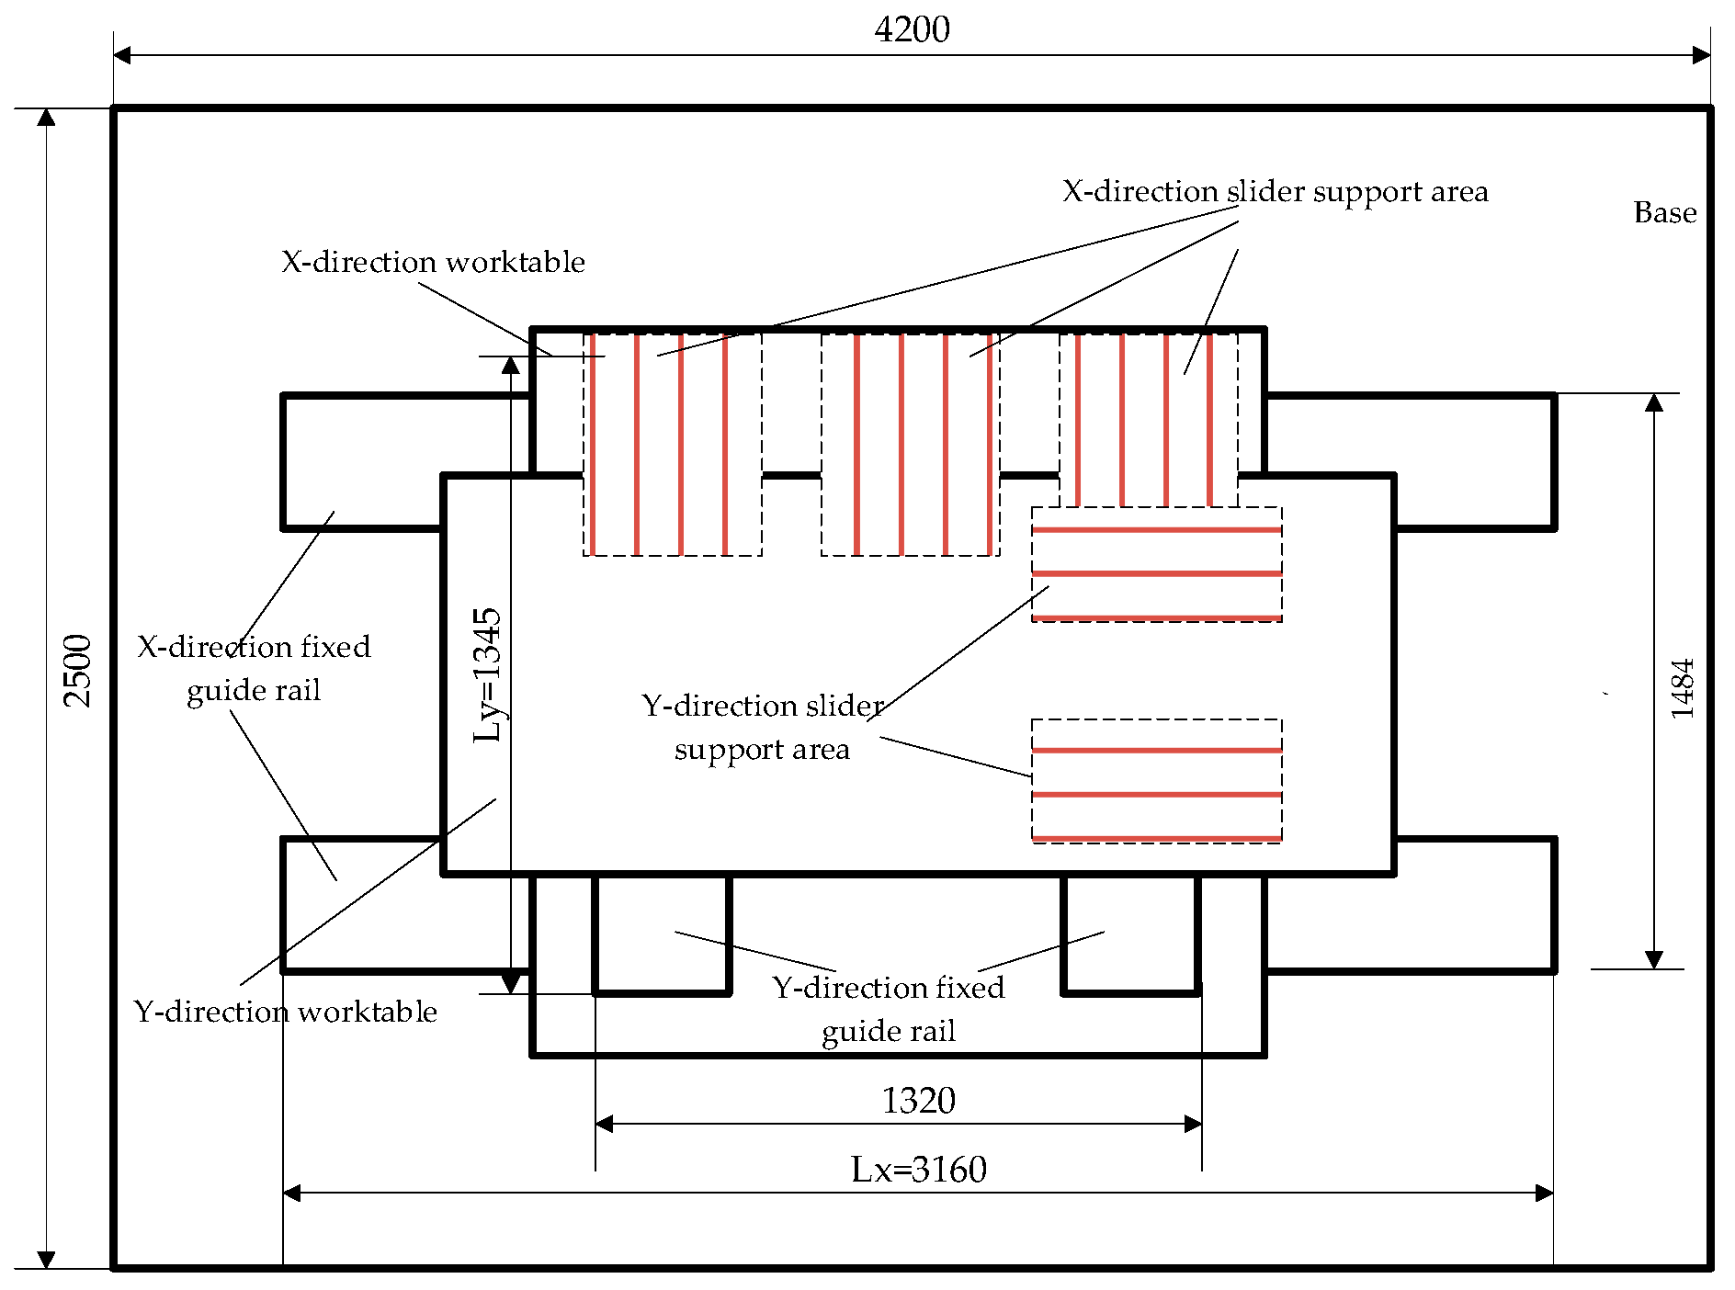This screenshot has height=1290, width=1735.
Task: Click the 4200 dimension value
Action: pos(912,30)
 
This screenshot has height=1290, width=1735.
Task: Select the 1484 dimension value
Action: pos(1682,688)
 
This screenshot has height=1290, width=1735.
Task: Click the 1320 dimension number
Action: pos(918,1100)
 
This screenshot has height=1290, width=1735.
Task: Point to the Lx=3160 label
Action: pos(918,1170)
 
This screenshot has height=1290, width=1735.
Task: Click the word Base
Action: pos(1664,213)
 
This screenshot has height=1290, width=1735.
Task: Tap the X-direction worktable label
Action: pos(433,262)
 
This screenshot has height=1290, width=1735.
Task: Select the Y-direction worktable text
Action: pos(286,1012)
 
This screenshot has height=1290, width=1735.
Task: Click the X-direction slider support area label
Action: pos(1275,191)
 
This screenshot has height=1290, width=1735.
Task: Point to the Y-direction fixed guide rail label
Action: pos(889,1009)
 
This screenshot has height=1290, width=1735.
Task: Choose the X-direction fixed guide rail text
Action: pos(254,668)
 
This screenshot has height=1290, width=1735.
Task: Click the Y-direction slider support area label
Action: pos(762,727)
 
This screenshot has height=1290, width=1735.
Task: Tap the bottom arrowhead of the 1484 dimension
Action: pos(1654,959)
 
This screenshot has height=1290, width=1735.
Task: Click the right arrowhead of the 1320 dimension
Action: pos(1194,1124)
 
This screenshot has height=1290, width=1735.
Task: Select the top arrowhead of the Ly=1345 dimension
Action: pos(510,366)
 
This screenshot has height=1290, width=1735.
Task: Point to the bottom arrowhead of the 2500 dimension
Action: pos(46,1260)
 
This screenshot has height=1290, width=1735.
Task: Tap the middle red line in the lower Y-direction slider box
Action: pos(1156,795)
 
